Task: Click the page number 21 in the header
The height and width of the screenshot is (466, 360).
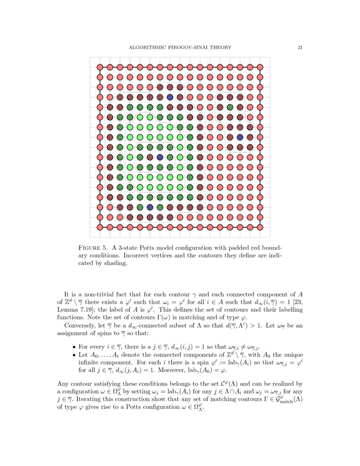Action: point(300,47)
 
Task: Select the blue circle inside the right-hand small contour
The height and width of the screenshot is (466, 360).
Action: point(240,137)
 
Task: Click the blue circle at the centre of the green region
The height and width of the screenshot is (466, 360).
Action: point(160,157)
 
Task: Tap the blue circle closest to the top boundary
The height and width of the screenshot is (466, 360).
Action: point(170,97)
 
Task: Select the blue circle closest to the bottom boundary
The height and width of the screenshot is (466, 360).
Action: point(150,207)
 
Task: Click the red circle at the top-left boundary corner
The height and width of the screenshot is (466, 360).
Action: point(100,67)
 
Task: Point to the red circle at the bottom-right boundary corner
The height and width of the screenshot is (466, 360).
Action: point(260,227)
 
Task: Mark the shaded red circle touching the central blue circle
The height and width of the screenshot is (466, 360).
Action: point(150,157)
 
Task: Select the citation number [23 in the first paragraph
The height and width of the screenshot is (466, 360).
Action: point(296,302)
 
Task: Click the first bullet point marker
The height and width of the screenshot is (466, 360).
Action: point(74,347)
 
